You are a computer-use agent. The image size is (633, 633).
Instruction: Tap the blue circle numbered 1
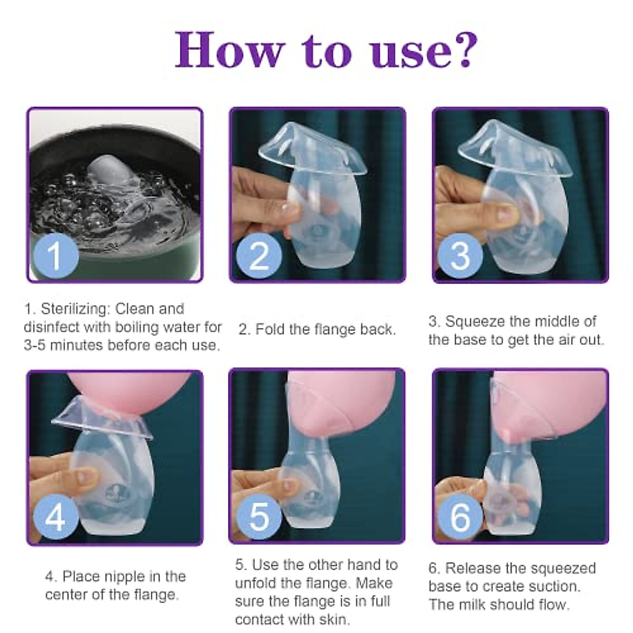click(55, 255)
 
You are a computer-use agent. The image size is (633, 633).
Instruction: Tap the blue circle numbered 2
click(258, 255)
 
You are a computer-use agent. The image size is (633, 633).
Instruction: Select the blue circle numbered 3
click(460, 255)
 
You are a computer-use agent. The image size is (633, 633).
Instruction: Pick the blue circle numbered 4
click(55, 516)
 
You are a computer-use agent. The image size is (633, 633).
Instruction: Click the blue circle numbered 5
click(258, 516)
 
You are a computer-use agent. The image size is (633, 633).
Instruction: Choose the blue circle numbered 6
click(460, 516)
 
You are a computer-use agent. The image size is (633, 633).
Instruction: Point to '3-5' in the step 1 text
click(36, 346)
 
